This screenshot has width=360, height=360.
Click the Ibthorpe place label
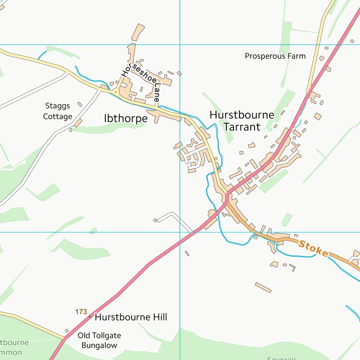pos(126,119)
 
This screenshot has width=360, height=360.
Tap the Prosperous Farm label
pos(275,56)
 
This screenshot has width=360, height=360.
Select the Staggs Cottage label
pos(58,111)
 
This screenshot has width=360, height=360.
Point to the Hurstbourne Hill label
pos(131,317)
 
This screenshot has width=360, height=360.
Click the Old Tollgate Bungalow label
pos(99,341)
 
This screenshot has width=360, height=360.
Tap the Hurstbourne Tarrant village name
pos(241,120)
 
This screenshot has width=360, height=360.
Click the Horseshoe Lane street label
pos(141,82)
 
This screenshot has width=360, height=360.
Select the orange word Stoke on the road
pos(313,248)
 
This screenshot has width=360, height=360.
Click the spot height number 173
pos(81,311)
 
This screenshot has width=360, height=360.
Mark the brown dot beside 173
pos(90,316)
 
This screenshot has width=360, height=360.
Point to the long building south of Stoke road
pos(263,287)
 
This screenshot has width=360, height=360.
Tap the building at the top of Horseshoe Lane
pos(138,32)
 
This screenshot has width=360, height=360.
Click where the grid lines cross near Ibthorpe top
pos(180,45)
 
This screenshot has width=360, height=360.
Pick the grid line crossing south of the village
pos(180,232)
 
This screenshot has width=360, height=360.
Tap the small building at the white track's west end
pos(155,220)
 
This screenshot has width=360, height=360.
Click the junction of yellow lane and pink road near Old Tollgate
pos(65,337)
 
